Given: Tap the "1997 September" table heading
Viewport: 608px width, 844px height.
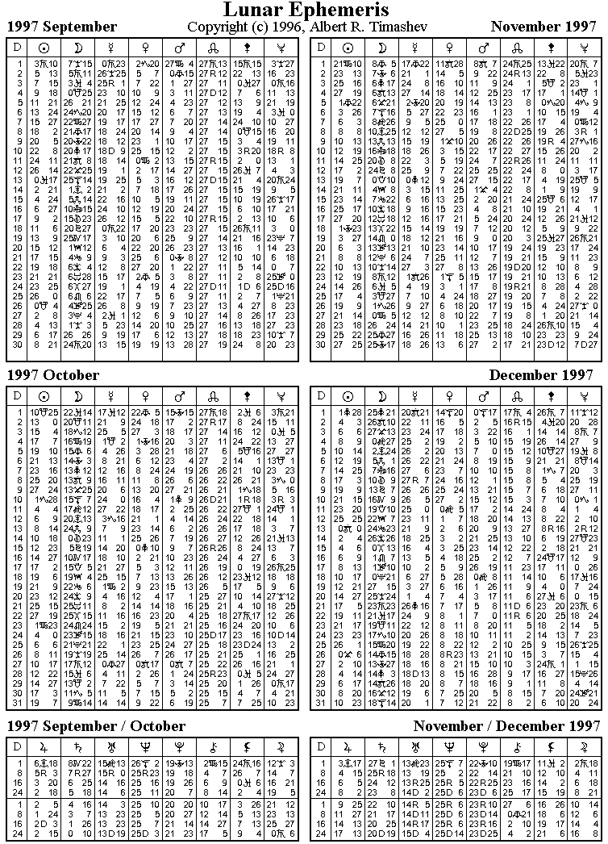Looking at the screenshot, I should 62,27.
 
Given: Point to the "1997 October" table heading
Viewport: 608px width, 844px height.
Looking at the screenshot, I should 53,376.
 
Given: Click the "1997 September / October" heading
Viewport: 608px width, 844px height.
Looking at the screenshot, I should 96,726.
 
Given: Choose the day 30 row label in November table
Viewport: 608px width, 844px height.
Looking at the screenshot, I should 321,345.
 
